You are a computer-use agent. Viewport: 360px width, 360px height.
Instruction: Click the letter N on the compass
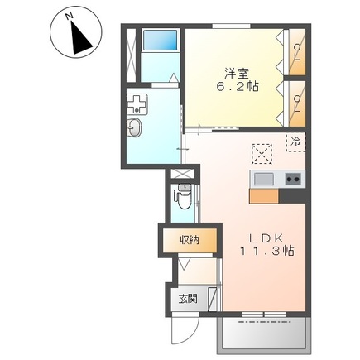(x=70, y=17)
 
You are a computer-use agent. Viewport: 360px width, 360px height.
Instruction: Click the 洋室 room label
(x=237, y=74)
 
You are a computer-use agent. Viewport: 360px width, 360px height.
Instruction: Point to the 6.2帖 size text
(x=238, y=87)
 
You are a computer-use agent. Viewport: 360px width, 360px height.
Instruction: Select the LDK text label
(x=266, y=238)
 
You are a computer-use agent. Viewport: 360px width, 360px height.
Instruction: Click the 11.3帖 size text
(x=266, y=251)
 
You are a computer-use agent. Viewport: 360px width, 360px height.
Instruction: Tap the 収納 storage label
(x=190, y=240)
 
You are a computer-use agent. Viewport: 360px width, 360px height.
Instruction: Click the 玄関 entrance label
(x=188, y=299)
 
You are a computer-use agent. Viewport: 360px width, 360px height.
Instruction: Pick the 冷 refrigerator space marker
(x=296, y=142)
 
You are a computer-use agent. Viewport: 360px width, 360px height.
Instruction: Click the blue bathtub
(x=161, y=41)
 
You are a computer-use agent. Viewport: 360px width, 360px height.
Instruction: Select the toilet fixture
(x=183, y=197)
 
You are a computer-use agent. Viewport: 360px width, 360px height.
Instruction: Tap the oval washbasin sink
(x=134, y=127)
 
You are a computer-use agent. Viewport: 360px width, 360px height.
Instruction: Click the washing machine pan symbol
(x=137, y=103)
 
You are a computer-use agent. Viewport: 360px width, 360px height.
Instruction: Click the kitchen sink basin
(x=264, y=179)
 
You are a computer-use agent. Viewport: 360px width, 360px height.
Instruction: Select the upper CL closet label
(x=297, y=53)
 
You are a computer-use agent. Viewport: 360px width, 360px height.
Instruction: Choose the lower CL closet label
(x=297, y=103)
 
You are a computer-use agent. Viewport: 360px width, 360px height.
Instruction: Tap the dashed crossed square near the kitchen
(x=262, y=154)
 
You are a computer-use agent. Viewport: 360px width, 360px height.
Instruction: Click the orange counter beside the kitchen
(x=264, y=196)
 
